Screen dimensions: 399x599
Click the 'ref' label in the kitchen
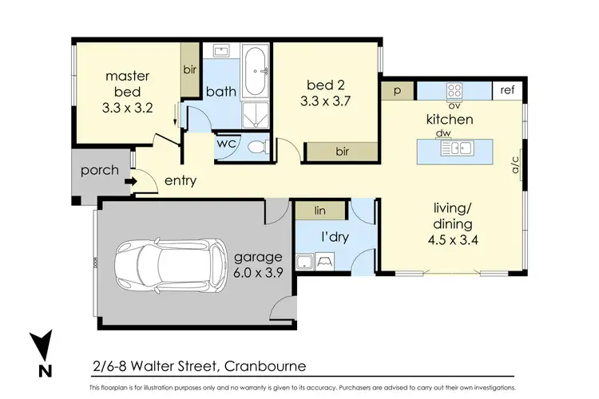[507, 90]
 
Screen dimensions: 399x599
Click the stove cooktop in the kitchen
[455, 90]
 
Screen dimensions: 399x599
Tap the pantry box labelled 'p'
[396, 91]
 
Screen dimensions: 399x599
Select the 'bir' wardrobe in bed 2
[341, 151]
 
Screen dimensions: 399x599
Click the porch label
[100, 170]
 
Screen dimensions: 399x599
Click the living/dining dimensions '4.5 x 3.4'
[453, 239]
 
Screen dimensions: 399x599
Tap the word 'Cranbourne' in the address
[264, 366]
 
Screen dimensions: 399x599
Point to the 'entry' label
[180, 181]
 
